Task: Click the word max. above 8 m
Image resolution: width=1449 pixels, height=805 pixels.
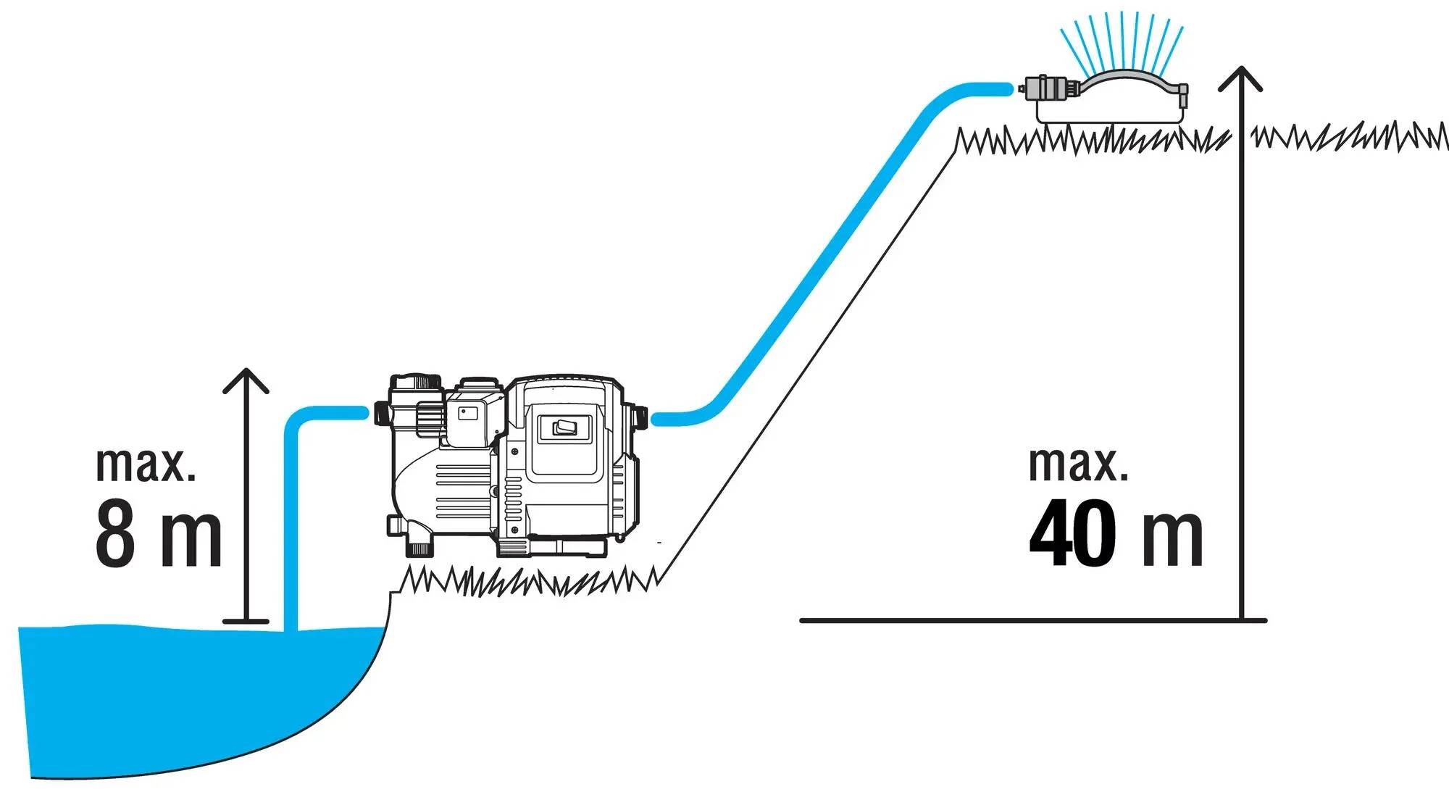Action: (146, 465)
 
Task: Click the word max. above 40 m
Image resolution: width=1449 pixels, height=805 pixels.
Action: (1079, 465)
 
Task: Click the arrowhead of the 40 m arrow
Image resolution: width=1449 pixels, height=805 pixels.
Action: (1241, 79)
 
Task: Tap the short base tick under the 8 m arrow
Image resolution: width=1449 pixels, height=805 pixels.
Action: (246, 621)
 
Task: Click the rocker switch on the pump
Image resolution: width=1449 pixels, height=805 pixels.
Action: (564, 428)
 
